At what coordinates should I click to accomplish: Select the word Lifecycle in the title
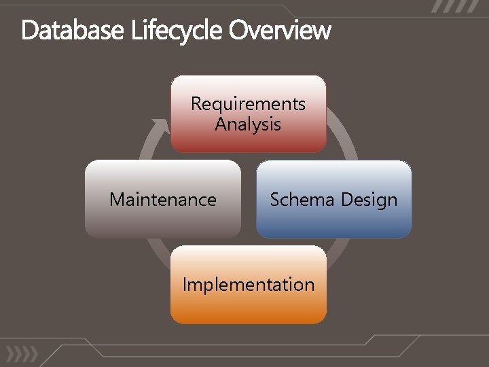point(169,31)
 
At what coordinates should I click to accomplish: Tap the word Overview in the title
point(280,31)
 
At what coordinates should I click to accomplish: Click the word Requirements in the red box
point(248,104)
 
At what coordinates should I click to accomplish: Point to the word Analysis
point(248,124)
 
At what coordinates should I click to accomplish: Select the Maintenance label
point(163,200)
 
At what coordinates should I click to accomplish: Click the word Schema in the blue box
point(302,200)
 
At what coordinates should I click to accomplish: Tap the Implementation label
point(249,284)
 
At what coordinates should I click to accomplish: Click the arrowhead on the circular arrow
point(160,126)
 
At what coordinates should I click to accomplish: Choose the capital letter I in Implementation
point(185,284)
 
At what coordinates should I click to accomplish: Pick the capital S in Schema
point(275,200)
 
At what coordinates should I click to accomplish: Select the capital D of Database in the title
point(29,31)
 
